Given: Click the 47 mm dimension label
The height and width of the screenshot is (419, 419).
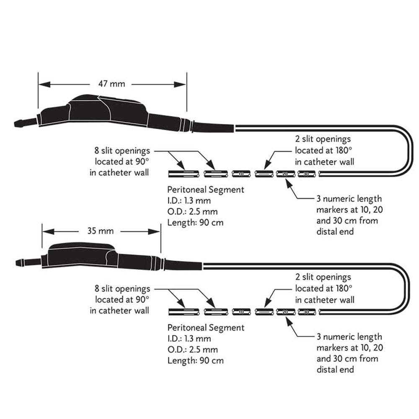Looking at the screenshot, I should (111, 84).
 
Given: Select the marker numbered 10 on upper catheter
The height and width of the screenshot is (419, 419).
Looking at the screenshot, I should (241, 173).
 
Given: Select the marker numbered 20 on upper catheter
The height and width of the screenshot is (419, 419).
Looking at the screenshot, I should (285, 173).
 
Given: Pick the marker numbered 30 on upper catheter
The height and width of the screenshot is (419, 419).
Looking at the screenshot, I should (307, 173).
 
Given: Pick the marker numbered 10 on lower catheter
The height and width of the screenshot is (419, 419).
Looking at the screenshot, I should (241, 312).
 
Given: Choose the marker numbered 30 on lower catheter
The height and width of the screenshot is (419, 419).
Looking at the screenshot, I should (307, 312).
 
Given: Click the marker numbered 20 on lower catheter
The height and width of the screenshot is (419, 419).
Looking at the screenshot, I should (285, 312).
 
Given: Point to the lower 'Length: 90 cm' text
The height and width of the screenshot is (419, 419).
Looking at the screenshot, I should (196, 360).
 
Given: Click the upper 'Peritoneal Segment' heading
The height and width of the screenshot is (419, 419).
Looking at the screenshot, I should (206, 190).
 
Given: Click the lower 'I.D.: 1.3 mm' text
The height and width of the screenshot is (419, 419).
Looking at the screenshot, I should (189, 339).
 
